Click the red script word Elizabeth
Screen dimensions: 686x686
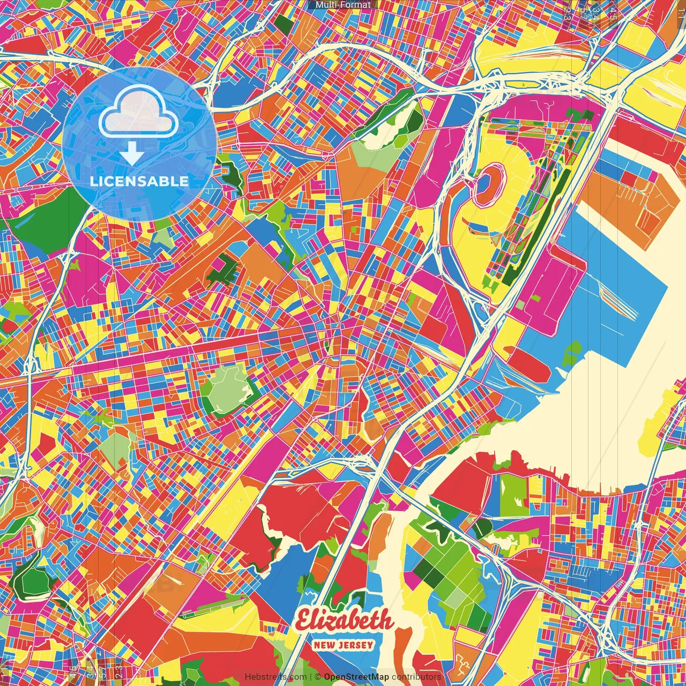[344, 621]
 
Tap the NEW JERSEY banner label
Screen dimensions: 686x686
[344, 645]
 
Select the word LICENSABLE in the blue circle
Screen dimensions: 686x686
[139, 181]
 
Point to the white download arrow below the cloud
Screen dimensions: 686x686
[131, 154]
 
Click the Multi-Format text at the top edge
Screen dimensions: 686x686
[343, 5]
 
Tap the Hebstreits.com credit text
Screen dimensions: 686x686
[275, 677]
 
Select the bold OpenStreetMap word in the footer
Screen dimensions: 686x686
[356, 677]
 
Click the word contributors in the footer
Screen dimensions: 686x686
[416, 677]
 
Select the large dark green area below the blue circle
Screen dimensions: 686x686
[46, 220]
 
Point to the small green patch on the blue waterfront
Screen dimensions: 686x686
[572, 351]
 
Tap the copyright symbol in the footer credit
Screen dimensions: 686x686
[317, 677]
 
